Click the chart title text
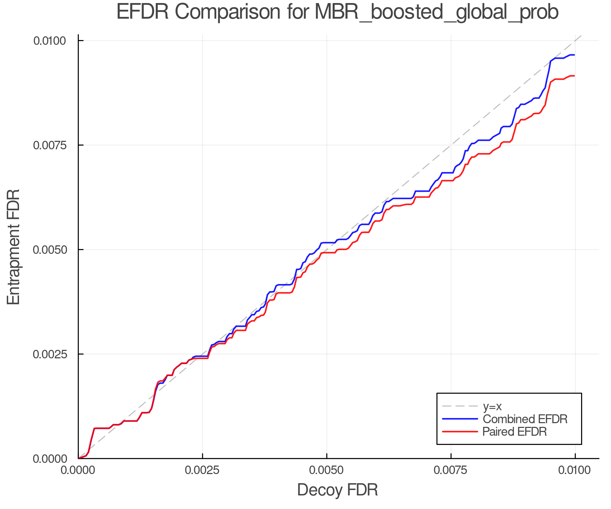click(x=337, y=12)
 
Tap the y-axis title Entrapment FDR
click(x=14, y=247)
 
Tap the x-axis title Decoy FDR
click(x=337, y=490)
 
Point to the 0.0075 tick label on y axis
click(x=50, y=145)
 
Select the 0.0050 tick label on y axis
click(x=50, y=250)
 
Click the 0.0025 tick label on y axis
click(x=50, y=354)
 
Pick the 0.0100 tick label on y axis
click(x=50, y=41)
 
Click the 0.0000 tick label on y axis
click(x=50, y=459)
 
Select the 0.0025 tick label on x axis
click(x=203, y=470)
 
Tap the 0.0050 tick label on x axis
click(x=327, y=470)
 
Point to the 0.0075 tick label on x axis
click(x=451, y=470)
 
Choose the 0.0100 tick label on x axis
click(x=575, y=470)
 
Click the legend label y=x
click(x=492, y=406)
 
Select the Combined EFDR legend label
click(x=525, y=419)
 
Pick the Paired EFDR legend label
click(x=515, y=432)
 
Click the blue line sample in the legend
click(x=460, y=419)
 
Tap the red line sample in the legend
click(x=460, y=432)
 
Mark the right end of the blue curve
click(x=574, y=55)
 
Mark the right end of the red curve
click(x=574, y=76)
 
